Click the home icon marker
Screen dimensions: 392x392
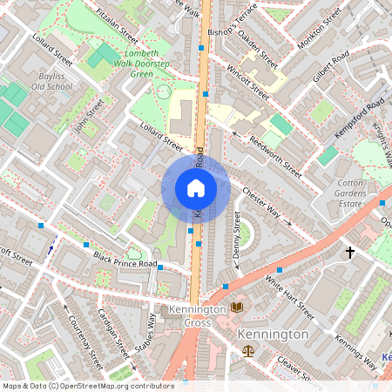click(x=196, y=187)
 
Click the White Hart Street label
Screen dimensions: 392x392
click(x=289, y=298)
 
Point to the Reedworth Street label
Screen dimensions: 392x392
click(x=275, y=152)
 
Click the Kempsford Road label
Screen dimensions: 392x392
click(x=360, y=119)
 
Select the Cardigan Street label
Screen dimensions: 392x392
click(x=114, y=334)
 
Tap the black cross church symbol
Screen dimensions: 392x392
click(x=350, y=253)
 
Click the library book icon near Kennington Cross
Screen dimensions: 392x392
click(x=237, y=307)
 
